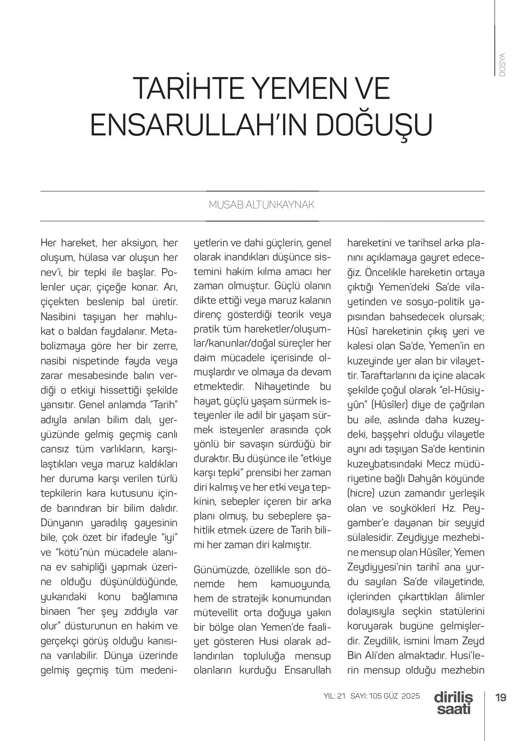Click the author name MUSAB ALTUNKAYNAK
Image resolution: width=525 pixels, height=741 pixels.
click(x=262, y=205)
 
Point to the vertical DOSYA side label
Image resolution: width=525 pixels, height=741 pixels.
click(x=502, y=65)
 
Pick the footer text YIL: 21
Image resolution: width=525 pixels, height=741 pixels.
click(x=335, y=696)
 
